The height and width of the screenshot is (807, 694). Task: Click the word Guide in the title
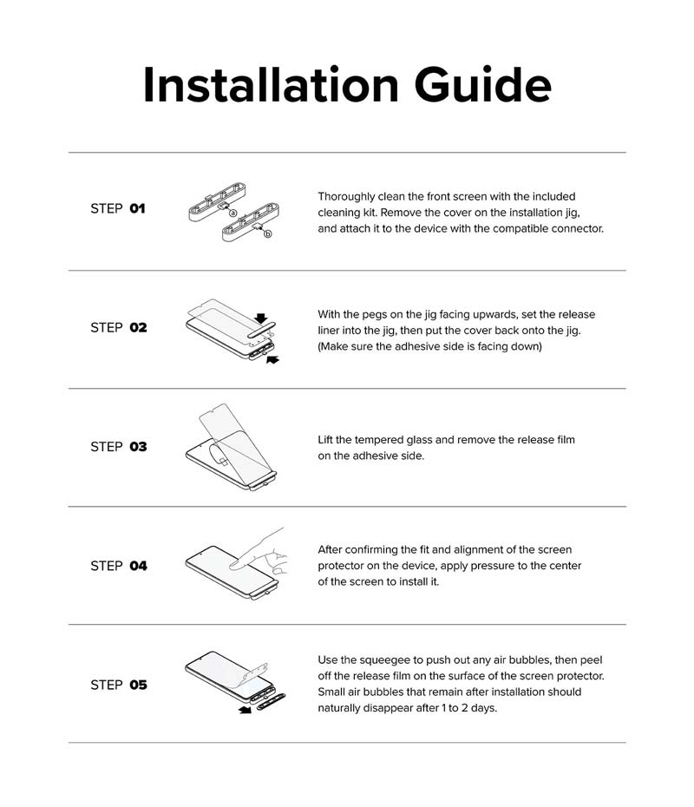(x=482, y=85)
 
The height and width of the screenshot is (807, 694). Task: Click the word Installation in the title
(x=271, y=84)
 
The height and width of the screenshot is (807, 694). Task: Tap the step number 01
(x=137, y=208)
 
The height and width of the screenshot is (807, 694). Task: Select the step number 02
(x=138, y=327)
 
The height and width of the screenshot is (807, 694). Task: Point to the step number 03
(x=138, y=446)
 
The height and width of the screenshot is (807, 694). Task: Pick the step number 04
(x=138, y=566)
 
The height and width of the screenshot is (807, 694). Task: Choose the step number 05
(x=138, y=685)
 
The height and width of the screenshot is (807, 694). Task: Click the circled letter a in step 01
(x=232, y=213)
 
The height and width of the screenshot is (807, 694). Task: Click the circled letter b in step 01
(x=267, y=233)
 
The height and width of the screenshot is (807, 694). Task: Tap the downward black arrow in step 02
(x=261, y=318)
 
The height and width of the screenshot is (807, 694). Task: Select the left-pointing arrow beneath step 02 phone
(x=272, y=359)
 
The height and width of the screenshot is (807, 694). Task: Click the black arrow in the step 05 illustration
(x=245, y=710)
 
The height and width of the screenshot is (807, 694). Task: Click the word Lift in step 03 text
(x=325, y=440)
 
